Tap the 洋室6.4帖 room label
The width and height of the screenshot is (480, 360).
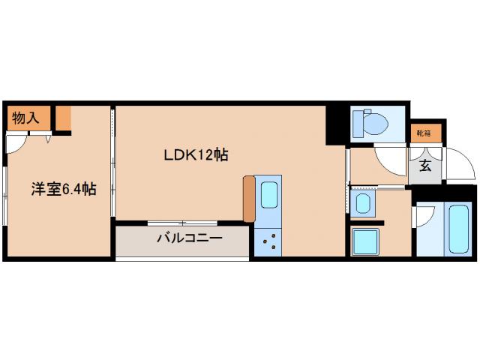pos(63,190)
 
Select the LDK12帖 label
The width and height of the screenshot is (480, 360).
pos(196,154)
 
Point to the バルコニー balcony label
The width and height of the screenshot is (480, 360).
pos(190,239)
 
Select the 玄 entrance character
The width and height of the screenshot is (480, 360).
pos(425,166)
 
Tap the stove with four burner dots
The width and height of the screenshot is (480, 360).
pos(269,241)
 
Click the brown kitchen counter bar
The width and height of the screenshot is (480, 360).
pos(249,198)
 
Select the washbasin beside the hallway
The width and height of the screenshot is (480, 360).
pos(362,202)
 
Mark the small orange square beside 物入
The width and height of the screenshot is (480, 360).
pos(63,118)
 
